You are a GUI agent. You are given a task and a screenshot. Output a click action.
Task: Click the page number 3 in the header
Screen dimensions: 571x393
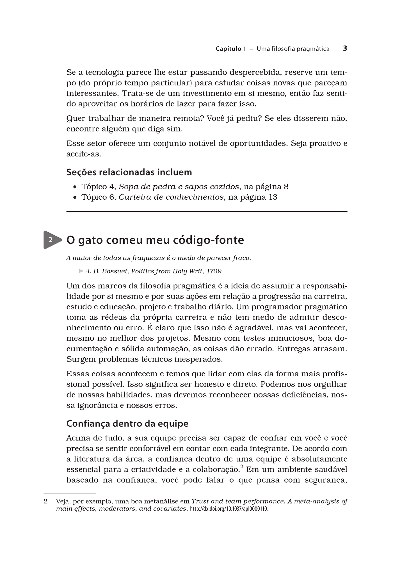345,48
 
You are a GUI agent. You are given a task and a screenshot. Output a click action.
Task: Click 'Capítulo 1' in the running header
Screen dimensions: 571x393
230,49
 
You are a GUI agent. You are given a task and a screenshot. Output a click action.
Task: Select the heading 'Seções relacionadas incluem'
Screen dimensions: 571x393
129,172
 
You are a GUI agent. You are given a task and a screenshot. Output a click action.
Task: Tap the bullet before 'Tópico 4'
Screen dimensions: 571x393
75,187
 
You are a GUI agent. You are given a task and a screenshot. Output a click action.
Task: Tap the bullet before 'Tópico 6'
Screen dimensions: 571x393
75,197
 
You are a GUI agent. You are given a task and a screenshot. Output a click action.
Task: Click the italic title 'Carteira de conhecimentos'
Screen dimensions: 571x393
171,197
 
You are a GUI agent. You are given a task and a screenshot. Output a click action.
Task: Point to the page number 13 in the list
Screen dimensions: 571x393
273,197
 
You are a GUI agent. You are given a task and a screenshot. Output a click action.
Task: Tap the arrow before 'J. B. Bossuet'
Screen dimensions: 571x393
81,271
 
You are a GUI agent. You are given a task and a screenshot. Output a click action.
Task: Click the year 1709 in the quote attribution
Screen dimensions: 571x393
214,271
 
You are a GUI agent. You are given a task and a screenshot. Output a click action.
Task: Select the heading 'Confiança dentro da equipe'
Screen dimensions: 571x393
127,423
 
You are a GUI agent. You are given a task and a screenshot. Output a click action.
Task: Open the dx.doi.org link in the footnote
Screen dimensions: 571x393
229,509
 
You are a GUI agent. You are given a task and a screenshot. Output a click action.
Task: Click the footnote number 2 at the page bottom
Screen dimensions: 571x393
45,501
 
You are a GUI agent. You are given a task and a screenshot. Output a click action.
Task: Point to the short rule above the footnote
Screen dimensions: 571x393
70,493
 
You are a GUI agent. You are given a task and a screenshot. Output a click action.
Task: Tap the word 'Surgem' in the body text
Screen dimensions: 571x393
81,359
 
